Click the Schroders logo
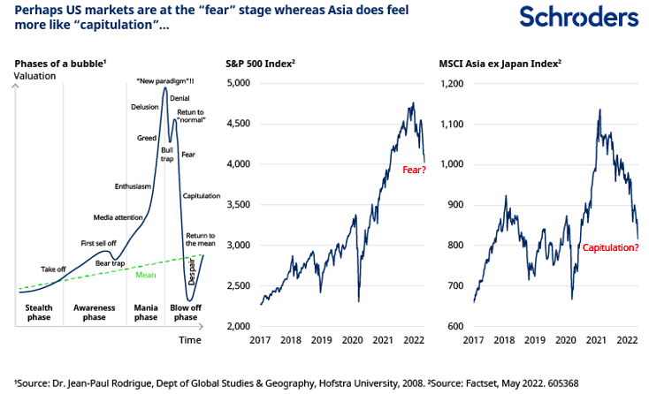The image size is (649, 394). pos(578,18)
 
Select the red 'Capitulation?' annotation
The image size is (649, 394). pos(610,248)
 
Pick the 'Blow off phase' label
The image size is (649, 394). pos(185,312)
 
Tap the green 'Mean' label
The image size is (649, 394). pos(146,275)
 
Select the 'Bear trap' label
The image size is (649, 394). pos(111,263)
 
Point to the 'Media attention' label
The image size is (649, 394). pos(118,217)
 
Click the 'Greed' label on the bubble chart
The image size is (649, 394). pos(147,138)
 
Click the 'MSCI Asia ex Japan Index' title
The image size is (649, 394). pos(500,64)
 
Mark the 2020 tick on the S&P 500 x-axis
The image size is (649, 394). pos(352,340)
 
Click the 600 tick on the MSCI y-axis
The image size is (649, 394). pos(454,327)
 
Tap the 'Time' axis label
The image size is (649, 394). pos(190,339)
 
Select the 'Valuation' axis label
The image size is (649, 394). pos(34,76)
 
